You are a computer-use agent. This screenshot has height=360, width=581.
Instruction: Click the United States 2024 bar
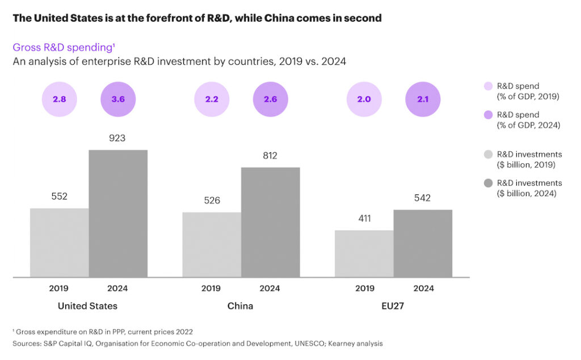(118, 214)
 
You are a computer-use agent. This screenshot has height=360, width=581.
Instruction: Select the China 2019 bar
(212, 245)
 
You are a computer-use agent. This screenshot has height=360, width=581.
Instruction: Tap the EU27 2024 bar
(423, 244)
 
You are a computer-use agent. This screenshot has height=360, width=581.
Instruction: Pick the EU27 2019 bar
(364, 254)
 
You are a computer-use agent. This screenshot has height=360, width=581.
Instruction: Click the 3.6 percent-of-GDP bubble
(118, 99)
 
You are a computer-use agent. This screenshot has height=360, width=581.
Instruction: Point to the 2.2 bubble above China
(212, 99)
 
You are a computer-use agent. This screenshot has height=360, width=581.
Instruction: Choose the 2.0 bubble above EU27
(364, 99)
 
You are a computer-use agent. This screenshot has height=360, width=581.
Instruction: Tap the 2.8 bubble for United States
(59, 99)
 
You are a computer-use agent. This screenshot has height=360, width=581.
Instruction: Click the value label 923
(118, 138)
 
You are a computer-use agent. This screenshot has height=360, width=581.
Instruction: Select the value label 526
(212, 200)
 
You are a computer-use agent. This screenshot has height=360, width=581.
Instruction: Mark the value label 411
(364, 218)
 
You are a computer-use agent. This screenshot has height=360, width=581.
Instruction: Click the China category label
(241, 306)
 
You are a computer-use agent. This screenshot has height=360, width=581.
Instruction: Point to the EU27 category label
(393, 306)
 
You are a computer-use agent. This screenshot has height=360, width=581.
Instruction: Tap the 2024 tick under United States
(118, 288)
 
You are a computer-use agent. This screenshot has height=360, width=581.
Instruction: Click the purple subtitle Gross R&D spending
(57, 48)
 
